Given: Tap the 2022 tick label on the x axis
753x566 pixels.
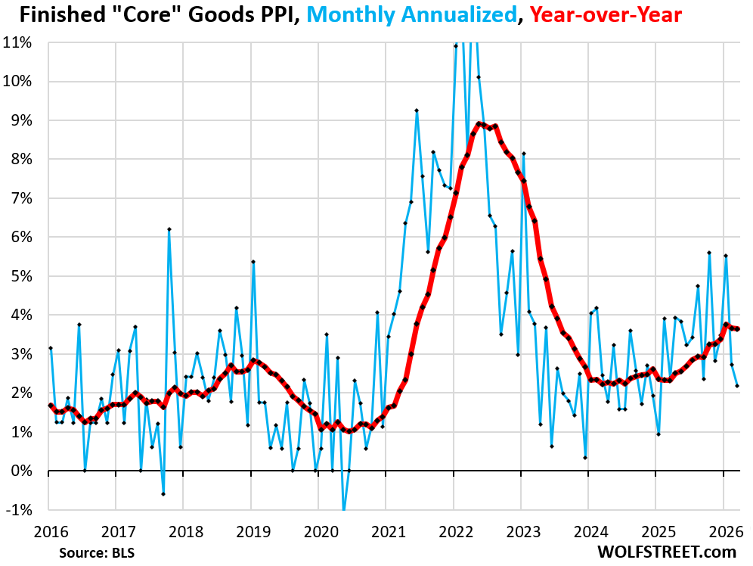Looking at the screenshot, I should coord(454,530).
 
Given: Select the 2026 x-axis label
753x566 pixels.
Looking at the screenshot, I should coord(723,530).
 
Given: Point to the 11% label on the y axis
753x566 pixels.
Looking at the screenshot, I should coord(18,42).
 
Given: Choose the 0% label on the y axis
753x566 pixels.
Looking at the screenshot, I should coord(21,471).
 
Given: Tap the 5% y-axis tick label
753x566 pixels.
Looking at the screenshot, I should coord(21,276).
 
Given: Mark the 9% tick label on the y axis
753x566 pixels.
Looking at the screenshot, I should coord(21,120).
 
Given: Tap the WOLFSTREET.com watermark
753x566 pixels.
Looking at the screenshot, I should coord(665,552).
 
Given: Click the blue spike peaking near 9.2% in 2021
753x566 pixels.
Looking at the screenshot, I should coord(417,110).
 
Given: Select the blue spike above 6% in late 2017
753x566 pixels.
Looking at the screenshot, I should coord(169,229).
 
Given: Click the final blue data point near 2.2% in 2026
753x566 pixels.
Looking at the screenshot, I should coord(737,385).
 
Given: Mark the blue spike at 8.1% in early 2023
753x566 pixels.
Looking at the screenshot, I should coord(523,154).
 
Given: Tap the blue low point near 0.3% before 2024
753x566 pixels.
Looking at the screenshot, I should coord(585,457).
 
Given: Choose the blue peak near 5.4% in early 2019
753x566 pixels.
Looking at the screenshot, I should coord(253,262).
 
